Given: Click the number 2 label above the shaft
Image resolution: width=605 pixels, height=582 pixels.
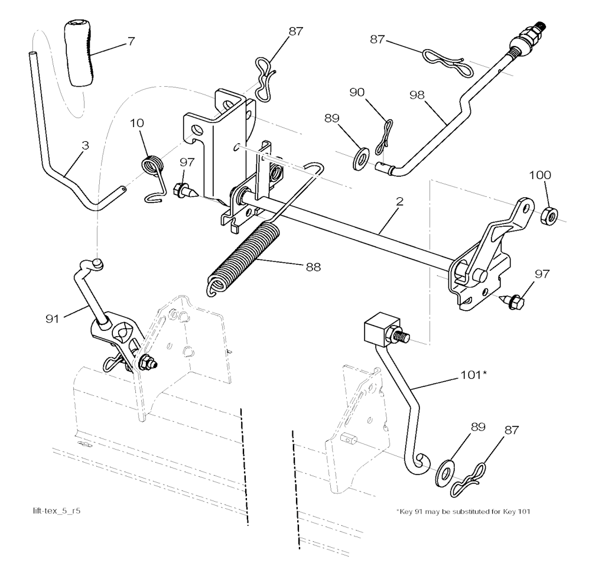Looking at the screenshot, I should pyautogui.click(x=399, y=201).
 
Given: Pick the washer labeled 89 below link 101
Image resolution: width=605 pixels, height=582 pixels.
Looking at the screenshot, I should pyautogui.click(x=445, y=471).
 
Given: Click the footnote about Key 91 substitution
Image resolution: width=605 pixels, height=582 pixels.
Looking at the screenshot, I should pyautogui.click(x=463, y=512).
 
